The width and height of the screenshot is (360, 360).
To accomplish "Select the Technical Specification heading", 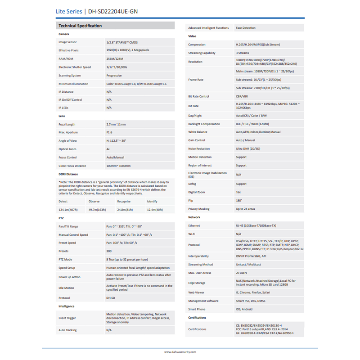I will (80, 26).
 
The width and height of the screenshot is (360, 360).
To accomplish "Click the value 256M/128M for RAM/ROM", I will (115, 58).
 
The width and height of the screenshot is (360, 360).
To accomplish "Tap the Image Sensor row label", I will (67, 42).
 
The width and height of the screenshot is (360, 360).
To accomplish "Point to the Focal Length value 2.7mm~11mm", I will (116, 124).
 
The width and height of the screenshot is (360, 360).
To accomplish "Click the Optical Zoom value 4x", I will (108, 149).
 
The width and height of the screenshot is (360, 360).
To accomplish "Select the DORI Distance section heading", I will (68, 174).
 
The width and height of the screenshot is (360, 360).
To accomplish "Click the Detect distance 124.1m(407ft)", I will (68, 210).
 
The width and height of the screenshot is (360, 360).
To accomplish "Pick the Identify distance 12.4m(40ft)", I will (155, 210).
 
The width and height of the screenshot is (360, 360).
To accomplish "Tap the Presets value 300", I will (109, 251).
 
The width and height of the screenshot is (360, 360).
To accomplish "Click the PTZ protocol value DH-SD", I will (111, 298).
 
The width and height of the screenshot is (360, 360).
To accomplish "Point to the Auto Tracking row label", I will (67, 330).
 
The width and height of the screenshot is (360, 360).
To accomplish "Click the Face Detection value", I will (246, 28).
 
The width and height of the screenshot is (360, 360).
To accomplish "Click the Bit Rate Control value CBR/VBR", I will (242, 96).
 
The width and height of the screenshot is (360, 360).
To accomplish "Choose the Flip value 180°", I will (239, 200).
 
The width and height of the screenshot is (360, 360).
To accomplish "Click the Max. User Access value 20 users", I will (242, 273).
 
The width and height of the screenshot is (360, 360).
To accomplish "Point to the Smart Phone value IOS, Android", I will (244, 309).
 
